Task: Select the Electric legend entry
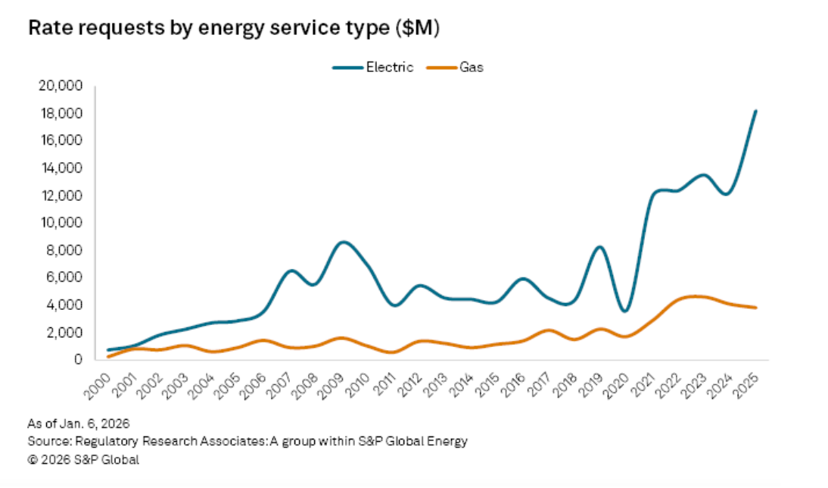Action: click(373, 67)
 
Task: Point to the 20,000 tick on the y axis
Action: click(59, 86)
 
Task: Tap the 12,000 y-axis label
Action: click(59, 196)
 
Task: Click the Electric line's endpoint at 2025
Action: click(755, 111)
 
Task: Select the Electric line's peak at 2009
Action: click(343, 242)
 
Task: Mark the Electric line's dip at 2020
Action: click(625, 311)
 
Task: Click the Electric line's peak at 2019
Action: click(599, 247)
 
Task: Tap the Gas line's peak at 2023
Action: click(697, 296)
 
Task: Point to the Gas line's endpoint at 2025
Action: click(755, 308)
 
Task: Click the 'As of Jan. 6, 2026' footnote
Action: click(73, 423)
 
